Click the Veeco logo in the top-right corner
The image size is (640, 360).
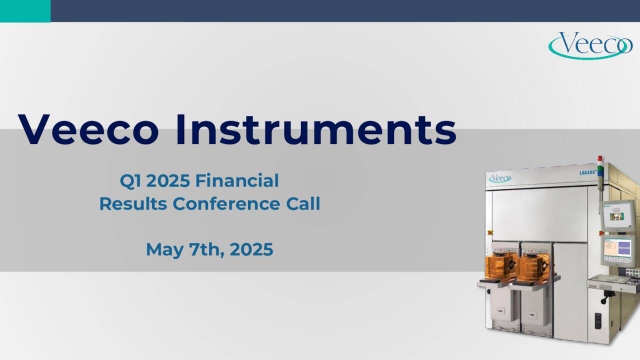click(590, 45)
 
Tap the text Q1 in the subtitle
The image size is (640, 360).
click(129, 180)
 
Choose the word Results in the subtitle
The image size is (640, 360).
click(135, 204)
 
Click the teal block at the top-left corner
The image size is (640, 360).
click(25, 11)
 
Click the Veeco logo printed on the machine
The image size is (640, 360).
click(497, 179)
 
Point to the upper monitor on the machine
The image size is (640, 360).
click(616, 213)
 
